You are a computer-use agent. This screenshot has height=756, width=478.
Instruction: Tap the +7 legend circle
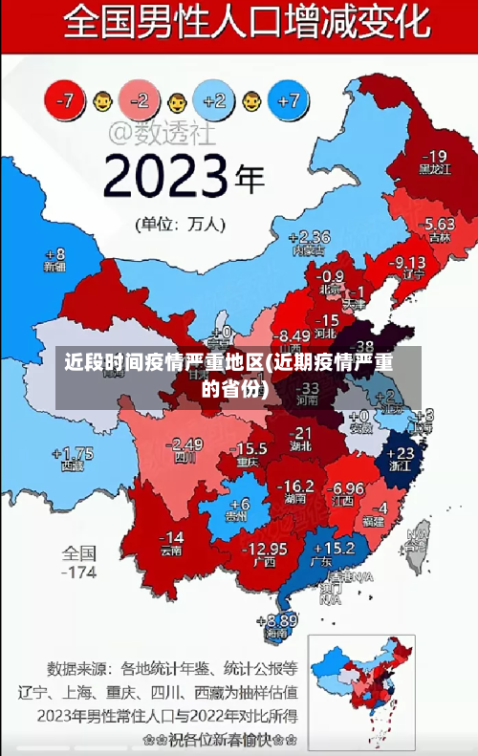tap(292, 99)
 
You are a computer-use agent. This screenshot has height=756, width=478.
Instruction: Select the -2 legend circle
tap(141, 99)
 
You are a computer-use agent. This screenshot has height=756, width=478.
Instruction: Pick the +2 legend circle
tap(214, 99)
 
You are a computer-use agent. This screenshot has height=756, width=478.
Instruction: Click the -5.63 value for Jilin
tap(439, 223)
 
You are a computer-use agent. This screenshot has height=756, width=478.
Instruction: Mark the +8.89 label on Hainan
tap(276, 619)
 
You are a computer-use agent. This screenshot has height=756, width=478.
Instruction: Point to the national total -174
tap(79, 572)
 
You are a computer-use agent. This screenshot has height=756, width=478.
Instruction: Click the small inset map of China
tap(363, 683)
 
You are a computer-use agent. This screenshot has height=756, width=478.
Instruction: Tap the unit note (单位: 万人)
tap(181, 226)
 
